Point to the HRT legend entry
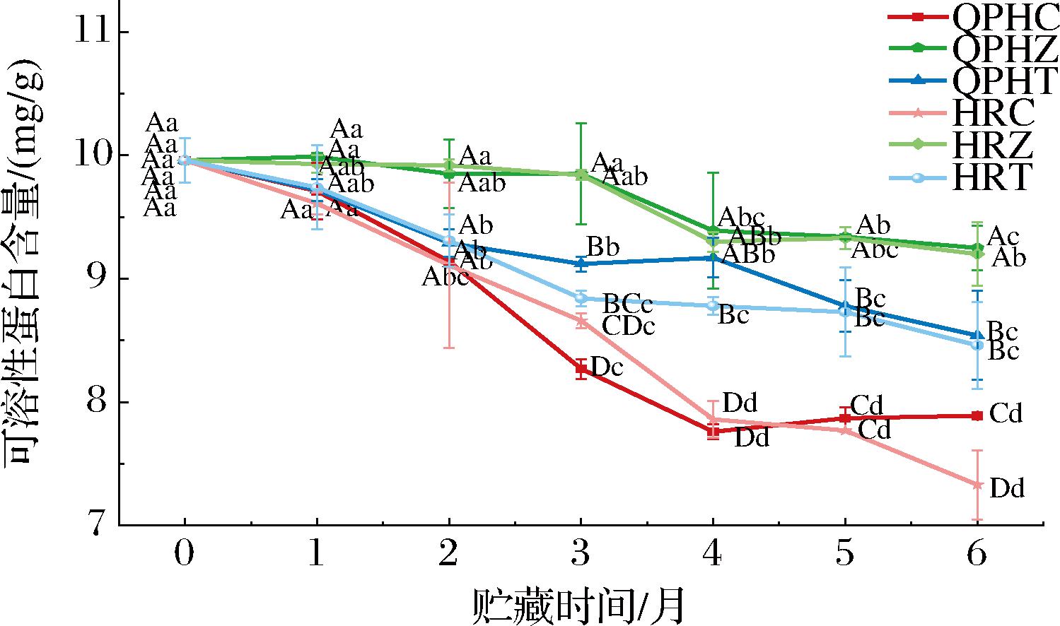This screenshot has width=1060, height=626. (990, 177)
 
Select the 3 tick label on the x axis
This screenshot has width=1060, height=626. (581, 555)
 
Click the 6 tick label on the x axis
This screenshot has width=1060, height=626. (977, 555)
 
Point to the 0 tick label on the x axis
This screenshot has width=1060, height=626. (185, 555)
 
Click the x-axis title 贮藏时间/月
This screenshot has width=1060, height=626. (578, 605)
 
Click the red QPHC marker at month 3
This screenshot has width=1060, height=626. (581, 368)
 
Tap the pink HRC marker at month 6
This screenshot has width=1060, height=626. (977, 485)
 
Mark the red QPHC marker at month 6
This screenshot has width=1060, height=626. (977, 415)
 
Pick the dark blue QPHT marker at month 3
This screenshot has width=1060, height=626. (581, 264)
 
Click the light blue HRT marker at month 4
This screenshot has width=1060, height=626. (713, 305)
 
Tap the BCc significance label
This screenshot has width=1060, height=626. (627, 305)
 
